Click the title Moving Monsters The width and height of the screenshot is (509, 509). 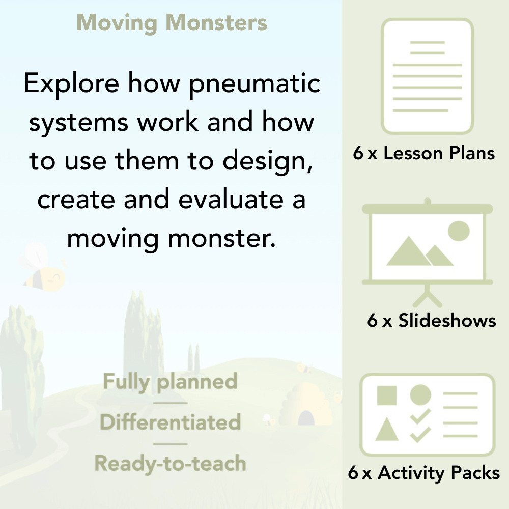point(172,23)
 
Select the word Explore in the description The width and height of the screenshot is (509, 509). point(72,83)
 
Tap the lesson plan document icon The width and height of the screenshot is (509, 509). point(428,76)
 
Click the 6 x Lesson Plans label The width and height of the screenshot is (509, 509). point(424,153)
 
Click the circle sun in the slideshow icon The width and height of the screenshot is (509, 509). point(458,231)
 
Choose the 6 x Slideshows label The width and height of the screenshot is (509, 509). point(431,320)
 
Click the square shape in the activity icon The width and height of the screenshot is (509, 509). point(387,395)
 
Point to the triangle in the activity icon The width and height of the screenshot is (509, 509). point(387,430)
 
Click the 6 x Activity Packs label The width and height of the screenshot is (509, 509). point(423,473)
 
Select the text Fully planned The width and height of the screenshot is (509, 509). point(170,382)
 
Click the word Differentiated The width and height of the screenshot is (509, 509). point(170,422)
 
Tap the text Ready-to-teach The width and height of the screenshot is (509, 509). point(170,463)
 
